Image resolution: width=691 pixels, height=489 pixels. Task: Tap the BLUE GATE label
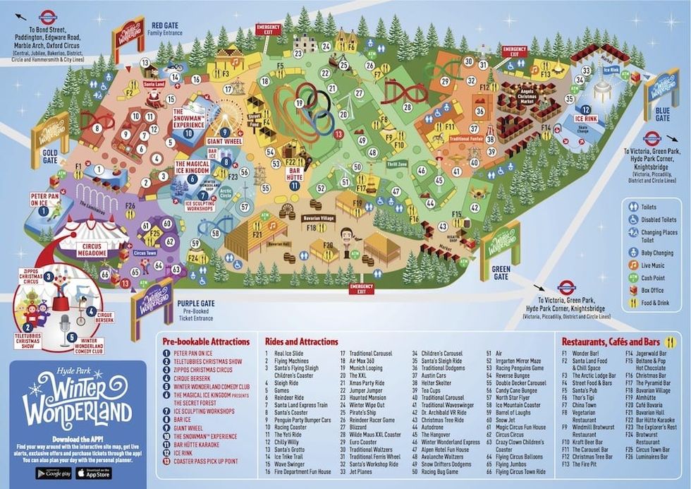662,109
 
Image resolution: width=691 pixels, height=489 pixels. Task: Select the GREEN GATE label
501,268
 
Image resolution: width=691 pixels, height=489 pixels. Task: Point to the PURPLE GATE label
196,303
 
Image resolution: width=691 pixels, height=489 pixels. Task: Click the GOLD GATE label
49,152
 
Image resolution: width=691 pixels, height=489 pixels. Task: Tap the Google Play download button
54,473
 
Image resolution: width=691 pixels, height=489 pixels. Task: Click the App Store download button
93,473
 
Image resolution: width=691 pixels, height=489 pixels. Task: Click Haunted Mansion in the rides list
366,399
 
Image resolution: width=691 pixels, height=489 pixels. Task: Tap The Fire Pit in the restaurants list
586,464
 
